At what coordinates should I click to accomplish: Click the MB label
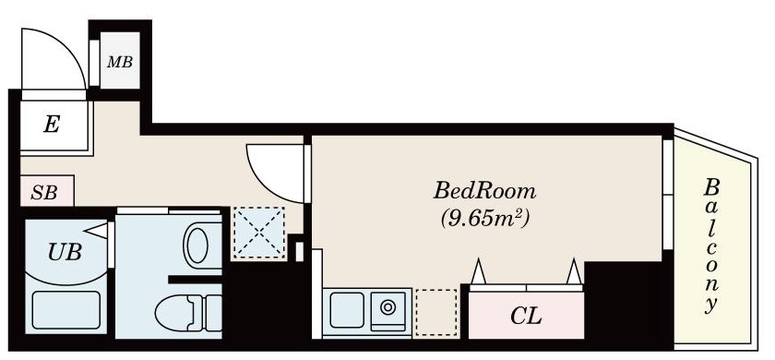coord(119,63)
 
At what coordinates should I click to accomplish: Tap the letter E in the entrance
coord(52,126)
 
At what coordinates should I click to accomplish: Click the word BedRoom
coord(484,192)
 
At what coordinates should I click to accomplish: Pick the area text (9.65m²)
coord(483,220)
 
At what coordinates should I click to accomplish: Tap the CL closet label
coord(526,317)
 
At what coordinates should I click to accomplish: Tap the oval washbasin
coord(197,246)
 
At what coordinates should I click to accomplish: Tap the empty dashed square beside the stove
coord(435,312)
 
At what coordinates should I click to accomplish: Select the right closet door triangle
coord(574,273)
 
